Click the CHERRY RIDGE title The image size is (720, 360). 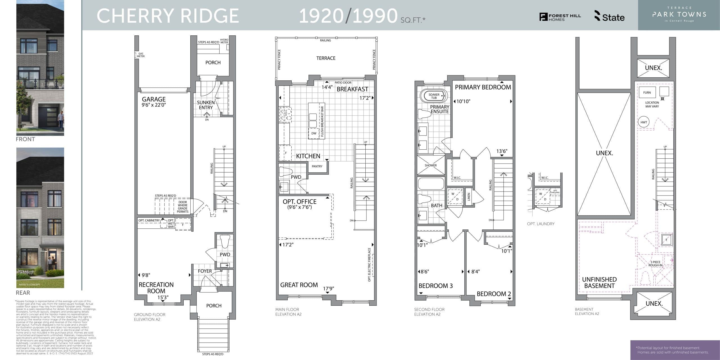coord(168,16)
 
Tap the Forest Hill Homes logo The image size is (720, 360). coord(560,17)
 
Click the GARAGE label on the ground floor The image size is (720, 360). coord(154,99)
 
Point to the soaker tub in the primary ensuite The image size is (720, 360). coord(434,96)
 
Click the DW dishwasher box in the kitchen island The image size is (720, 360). coord(314,133)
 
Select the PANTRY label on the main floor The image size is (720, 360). coord(317,166)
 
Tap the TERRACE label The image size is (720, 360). coord(326,58)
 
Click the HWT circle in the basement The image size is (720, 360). coord(644,122)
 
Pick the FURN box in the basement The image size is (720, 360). coord(647,93)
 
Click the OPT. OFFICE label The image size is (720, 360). coord(300,202)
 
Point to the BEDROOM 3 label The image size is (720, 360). coord(435,286)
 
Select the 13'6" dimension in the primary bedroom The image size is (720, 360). coord(502,151)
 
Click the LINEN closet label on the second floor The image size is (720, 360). coord(469,197)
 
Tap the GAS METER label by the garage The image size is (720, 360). coord(141,55)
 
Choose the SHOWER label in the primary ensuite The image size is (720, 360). coord(431,165)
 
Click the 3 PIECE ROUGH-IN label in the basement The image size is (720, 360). coord(655,264)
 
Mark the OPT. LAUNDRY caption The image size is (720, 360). coord(541,224)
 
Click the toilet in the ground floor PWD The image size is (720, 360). coord(225,241)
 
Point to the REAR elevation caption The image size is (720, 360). coord(23,293)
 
